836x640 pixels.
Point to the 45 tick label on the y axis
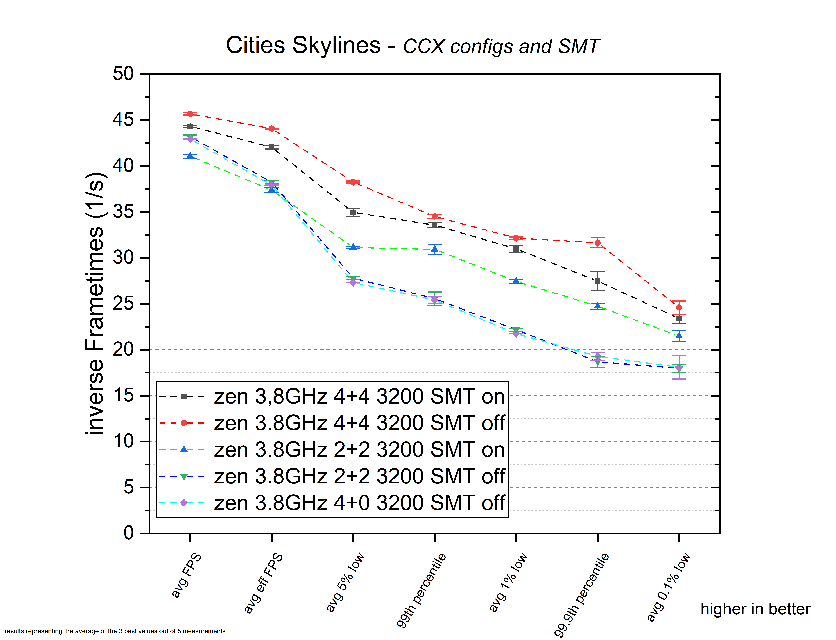point(123,120)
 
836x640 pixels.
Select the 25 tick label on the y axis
point(123,304)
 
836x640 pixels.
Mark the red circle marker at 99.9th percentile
point(598,243)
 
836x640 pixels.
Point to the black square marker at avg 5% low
point(353,212)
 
